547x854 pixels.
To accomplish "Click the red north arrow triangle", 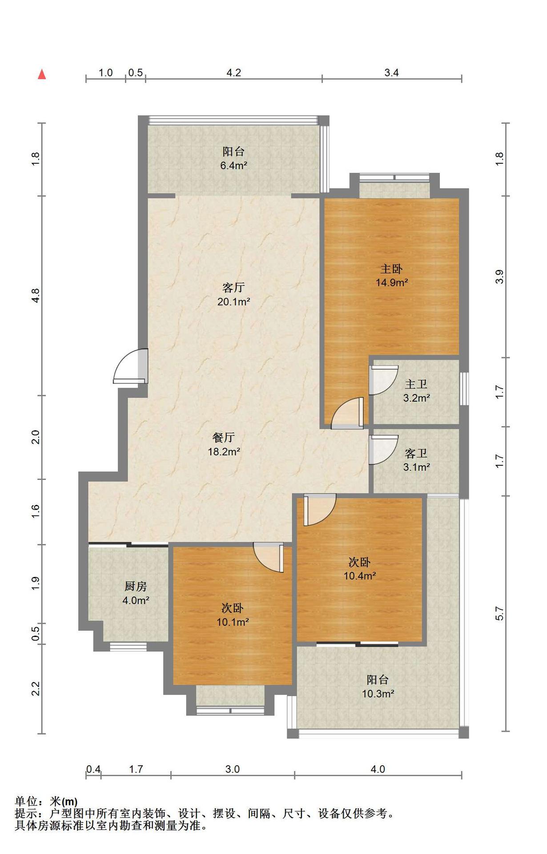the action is pyautogui.click(x=42, y=74).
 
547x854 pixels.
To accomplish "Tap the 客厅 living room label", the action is pyautogui.click(x=233, y=287).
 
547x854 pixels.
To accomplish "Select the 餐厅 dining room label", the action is pyautogui.click(x=224, y=437).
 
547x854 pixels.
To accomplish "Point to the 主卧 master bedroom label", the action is pyautogui.click(x=392, y=269).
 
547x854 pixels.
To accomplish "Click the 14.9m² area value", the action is pyautogui.click(x=392, y=282).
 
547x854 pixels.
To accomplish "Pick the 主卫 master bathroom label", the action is pyautogui.click(x=416, y=384).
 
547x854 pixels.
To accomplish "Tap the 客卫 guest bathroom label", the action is pyautogui.click(x=416, y=453).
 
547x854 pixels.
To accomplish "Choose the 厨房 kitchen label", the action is pyautogui.click(x=136, y=586).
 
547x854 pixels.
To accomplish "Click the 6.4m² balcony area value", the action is pyautogui.click(x=233, y=165).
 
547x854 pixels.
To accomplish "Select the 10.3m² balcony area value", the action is pyautogui.click(x=378, y=693).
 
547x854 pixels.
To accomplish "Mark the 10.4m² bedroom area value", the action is pyautogui.click(x=360, y=576).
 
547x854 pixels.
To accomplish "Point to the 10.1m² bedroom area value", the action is pyautogui.click(x=233, y=622).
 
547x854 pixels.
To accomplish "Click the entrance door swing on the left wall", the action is pyautogui.click(x=130, y=367).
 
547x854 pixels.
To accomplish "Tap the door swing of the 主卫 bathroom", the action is pyautogui.click(x=383, y=380).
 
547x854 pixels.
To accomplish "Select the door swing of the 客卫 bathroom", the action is pyautogui.click(x=383, y=450).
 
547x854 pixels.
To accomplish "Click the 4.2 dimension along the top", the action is pyautogui.click(x=233, y=73).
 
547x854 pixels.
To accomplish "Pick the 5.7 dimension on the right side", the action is pyautogui.click(x=500, y=613).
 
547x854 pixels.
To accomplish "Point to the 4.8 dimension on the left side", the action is pyautogui.click(x=35, y=295).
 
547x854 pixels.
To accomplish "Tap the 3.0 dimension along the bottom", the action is pyautogui.click(x=232, y=769).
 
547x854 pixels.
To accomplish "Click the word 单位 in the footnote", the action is pyautogui.click(x=26, y=802).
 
